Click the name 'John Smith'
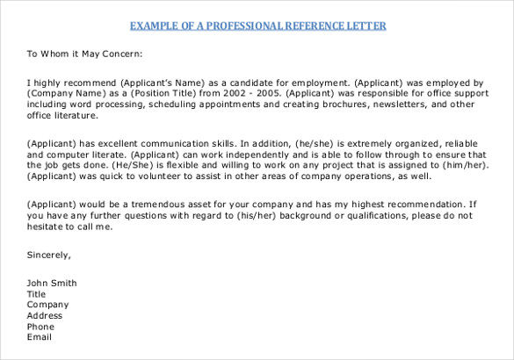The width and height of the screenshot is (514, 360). (52, 283)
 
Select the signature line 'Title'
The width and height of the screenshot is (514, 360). (36, 294)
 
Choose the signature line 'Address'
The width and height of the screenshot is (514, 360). (45, 315)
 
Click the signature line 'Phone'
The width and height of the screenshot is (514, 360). (40, 326)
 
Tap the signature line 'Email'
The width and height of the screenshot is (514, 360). (40, 337)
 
